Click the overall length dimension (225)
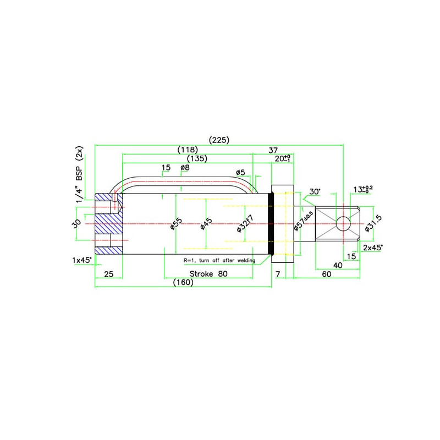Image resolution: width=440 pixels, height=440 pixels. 219,140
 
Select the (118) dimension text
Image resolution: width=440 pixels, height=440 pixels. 188,150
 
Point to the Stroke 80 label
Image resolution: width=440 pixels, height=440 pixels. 208,273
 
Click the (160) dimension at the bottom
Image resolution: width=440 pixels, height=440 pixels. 183,283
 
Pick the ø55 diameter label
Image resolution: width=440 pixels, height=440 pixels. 175,224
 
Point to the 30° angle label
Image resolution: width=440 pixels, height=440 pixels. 314,192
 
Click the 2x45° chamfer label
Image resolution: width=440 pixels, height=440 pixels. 374,247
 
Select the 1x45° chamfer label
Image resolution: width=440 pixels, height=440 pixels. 82,258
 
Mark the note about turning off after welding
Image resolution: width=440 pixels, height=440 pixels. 219,260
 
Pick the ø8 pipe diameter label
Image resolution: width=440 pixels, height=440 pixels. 185,167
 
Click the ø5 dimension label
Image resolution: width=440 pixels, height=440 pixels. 240,172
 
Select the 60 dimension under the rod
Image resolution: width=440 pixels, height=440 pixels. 327,274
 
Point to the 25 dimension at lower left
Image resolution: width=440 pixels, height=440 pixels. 108,273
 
